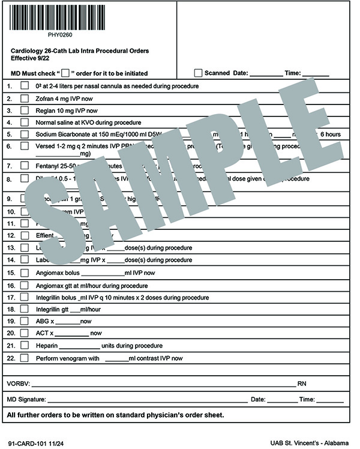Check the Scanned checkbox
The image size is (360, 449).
[x=198, y=73]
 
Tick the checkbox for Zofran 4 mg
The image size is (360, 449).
[x=25, y=98]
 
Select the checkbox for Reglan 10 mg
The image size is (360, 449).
[x=25, y=110]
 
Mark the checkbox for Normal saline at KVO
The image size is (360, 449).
[x=25, y=122]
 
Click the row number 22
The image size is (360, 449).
[x=10, y=358]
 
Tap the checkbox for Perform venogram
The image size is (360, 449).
[x=25, y=358]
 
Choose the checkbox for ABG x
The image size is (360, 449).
[x=25, y=321]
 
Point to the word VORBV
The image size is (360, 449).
[x=17, y=383]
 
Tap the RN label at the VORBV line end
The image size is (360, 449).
[x=302, y=383]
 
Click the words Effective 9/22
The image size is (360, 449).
[x=28, y=59]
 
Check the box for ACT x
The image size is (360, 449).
[x=25, y=333]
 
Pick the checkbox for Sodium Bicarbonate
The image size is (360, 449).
[x=25, y=134]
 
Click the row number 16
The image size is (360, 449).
[x=10, y=286]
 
